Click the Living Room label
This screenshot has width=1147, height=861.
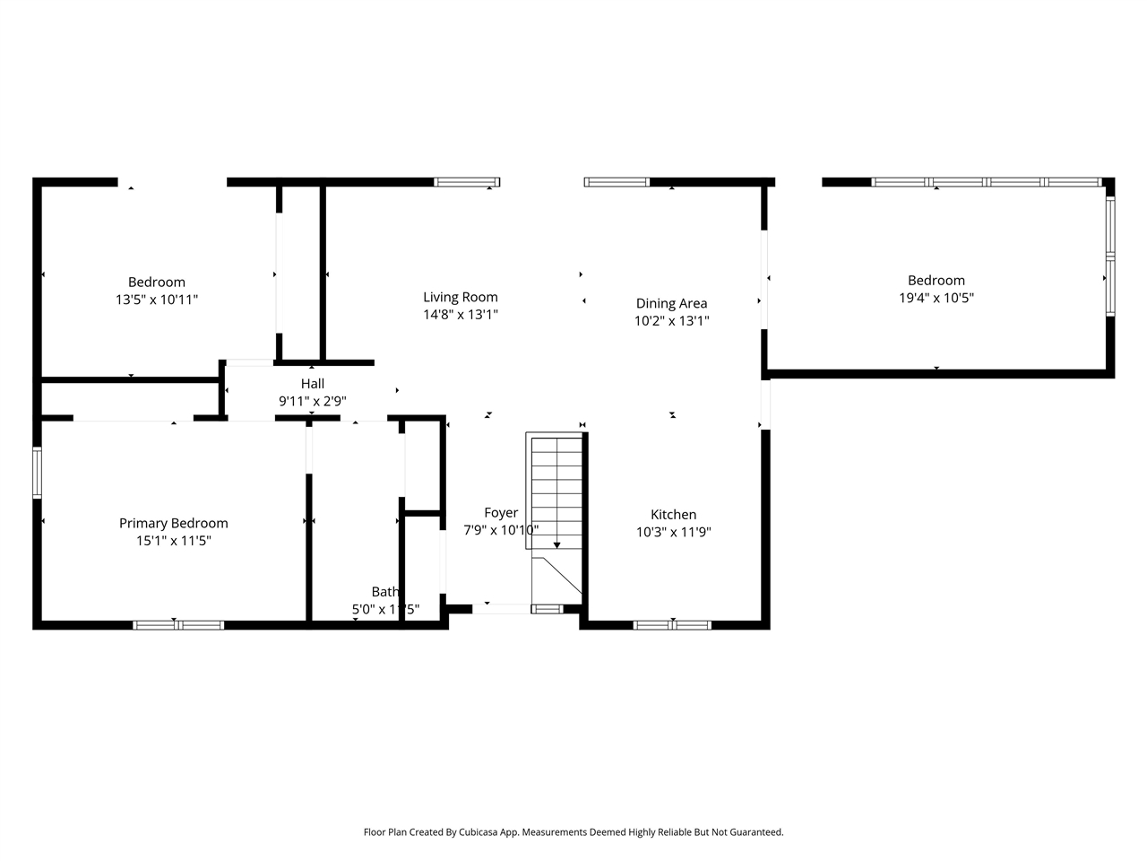pos(460,297)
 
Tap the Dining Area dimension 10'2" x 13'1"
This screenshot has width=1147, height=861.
pos(671,320)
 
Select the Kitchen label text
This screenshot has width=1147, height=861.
pos(673,514)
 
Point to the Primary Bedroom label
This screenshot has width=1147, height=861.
pos(173,523)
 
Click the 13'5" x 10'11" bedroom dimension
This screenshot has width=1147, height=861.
pos(156,300)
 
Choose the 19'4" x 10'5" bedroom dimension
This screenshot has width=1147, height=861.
pos(936,298)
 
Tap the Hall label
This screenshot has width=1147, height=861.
pos(312,383)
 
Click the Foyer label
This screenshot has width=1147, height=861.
pos(500,512)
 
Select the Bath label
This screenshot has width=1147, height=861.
pos(384,591)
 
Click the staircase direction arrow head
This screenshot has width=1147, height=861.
pos(556,544)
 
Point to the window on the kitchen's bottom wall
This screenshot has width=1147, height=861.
pos(672,624)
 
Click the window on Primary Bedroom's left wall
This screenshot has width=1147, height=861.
pos(38,472)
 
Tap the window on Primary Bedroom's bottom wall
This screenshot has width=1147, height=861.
pos(178,624)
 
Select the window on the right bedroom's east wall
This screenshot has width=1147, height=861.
pos(1109,257)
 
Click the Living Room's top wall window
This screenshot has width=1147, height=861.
pos(467,182)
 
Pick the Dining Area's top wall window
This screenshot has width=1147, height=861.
pos(617,182)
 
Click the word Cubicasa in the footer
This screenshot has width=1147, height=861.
pos(480,832)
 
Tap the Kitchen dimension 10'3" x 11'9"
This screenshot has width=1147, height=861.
pos(673,532)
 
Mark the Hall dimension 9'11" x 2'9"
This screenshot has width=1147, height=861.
pos(312,401)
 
